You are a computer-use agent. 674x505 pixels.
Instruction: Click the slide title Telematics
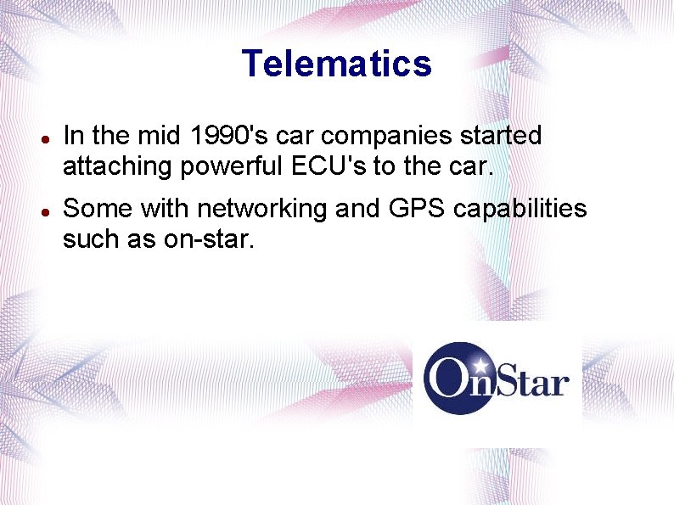(x=336, y=64)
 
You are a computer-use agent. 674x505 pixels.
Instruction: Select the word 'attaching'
(x=117, y=167)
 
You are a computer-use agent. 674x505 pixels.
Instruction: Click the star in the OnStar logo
(x=481, y=366)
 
